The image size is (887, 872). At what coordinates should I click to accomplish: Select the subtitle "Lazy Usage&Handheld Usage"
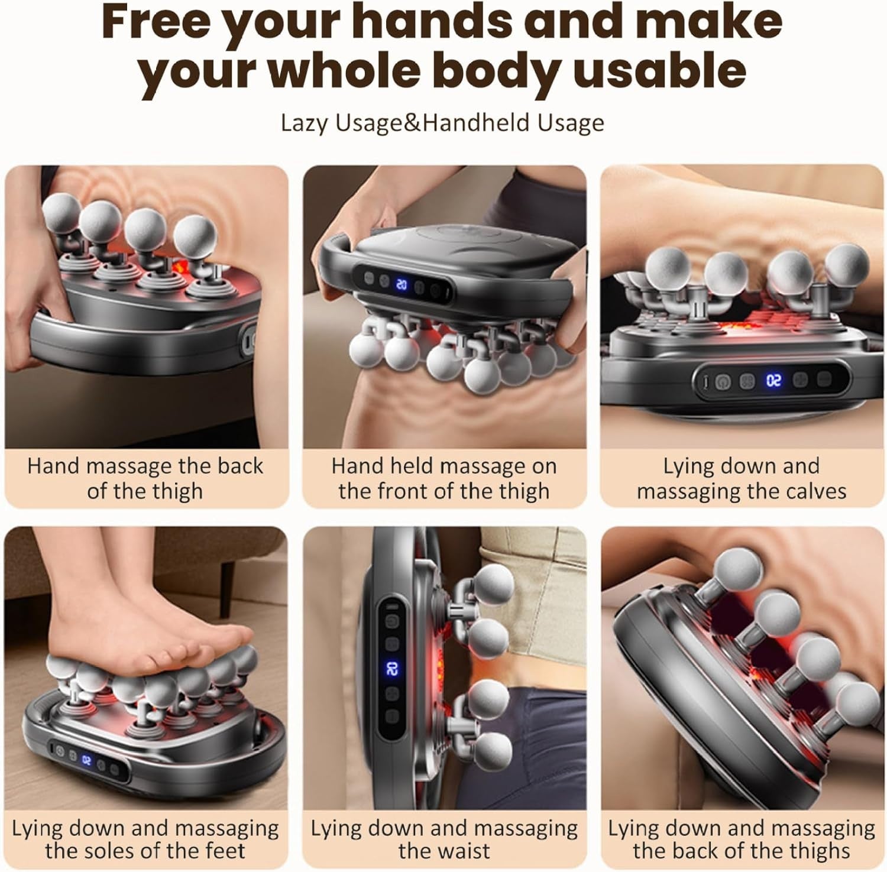tap(442, 123)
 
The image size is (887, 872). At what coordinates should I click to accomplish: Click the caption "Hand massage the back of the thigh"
tap(145, 478)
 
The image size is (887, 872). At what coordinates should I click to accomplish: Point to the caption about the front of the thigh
tap(444, 478)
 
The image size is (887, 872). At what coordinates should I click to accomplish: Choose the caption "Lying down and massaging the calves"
tap(742, 478)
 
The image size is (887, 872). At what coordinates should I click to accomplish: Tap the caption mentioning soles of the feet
tap(145, 839)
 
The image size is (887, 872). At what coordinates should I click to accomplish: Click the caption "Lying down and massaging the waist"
tap(444, 839)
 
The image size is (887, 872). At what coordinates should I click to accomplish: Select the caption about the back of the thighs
tap(742, 839)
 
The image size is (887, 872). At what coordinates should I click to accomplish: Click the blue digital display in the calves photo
tap(773, 380)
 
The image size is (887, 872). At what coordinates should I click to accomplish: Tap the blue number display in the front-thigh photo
tap(402, 285)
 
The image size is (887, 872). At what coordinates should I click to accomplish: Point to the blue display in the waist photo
tap(391, 669)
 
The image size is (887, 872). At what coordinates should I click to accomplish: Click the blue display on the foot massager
tap(86, 760)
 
